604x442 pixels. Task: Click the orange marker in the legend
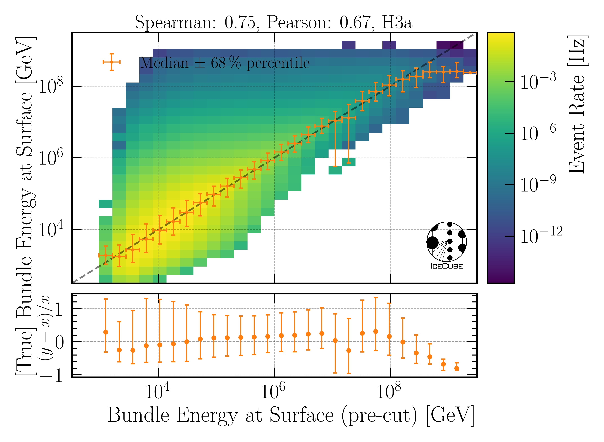[112, 62]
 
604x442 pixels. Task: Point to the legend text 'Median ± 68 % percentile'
[225, 63]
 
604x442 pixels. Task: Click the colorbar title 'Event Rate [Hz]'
[578, 104]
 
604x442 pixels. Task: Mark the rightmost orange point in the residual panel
[457, 368]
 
